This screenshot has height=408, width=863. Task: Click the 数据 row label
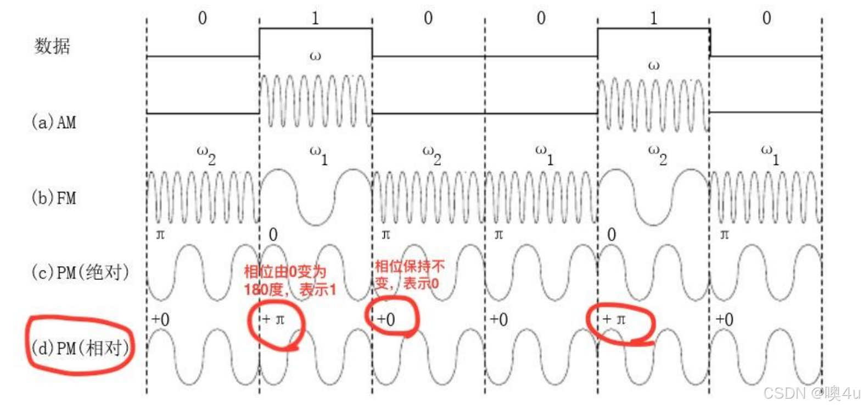(x=52, y=46)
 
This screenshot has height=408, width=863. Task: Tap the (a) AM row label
(x=54, y=122)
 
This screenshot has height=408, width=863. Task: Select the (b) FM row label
(x=54, y=197)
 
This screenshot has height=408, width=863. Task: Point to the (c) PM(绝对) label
(x=80, y=272)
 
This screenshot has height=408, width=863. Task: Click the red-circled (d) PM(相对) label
(x=80, y=348)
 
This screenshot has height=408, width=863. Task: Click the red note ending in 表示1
(x=289, y=280)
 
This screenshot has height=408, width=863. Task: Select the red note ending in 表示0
(x=409, y=275)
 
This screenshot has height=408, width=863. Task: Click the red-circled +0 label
(x=386, y=319)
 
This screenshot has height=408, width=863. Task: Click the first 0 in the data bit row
(x=203, y=18)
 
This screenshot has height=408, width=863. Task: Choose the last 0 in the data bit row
(x=766, y=18)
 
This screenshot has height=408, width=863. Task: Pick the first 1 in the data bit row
(x=315, y=18)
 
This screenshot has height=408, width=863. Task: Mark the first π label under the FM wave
(x=160, y=235)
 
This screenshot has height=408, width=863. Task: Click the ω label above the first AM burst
(x=315, y=56)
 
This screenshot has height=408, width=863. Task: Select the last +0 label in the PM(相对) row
(x=725, y=319)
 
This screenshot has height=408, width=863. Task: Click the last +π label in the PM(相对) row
(x=614, y=319)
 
